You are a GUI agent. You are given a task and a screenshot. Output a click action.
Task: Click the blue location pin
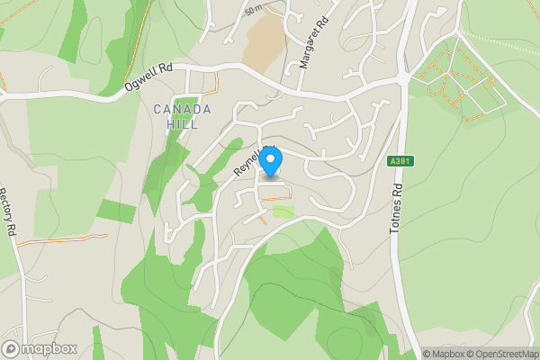pos(272,162)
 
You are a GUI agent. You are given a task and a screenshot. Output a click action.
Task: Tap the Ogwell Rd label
pos(148,79)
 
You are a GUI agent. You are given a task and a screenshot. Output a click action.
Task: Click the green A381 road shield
pos(401,162)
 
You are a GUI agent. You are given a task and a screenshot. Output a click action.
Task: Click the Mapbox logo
pos(38,348)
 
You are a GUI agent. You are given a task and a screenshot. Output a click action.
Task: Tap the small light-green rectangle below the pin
pos(283,211)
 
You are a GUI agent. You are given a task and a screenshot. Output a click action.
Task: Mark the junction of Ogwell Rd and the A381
pos(402,79)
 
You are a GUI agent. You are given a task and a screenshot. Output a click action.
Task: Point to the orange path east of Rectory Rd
pos(63,239)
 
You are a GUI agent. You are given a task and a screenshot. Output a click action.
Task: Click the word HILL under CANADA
pos(182,125)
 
